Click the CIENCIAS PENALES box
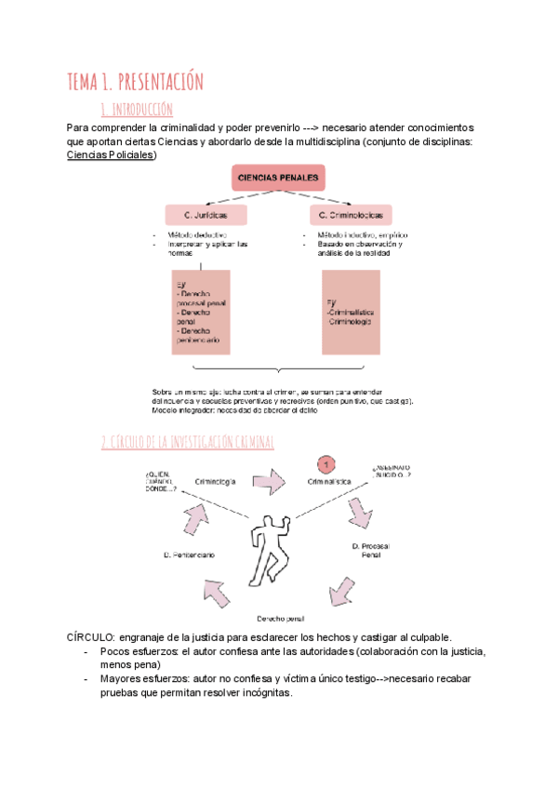[278, 178]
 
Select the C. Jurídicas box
[206, 215]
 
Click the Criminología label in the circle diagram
[215, 482]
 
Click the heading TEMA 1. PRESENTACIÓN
[135, 82]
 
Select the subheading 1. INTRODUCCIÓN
[136, 110]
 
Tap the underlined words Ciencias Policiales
[113, 154]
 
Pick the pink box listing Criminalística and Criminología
[350, 313]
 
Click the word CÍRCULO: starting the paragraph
[91, 637]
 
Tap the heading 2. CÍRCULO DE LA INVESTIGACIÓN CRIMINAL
[188, 442]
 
